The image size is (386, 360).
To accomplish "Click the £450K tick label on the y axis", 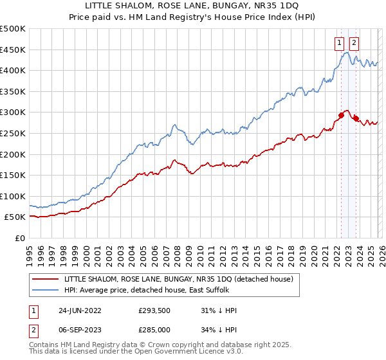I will pos(13,50).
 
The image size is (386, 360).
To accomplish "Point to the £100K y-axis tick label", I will pos(13,196).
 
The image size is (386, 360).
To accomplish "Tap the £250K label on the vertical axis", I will pos(13,133).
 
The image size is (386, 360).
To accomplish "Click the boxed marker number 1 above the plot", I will pos(339,43).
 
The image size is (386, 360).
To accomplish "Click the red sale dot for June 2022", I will pos(341,116).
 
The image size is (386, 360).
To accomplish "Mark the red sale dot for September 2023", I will pos(354,119).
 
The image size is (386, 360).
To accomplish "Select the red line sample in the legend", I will pos(46,279).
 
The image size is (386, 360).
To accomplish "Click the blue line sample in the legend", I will pos(46,289).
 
